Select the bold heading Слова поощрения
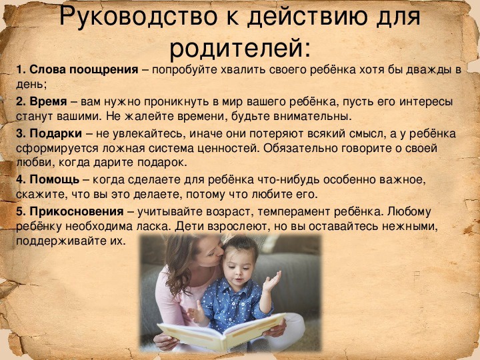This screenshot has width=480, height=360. click(83, 70)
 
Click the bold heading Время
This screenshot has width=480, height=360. click(48, 101)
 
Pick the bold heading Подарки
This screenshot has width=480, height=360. click(56, 133)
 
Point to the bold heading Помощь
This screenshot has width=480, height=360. click(54, 180)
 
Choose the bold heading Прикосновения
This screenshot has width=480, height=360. click(77, 211)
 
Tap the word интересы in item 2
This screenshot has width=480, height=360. click(426, 102)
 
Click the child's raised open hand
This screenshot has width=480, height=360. click(271, 281)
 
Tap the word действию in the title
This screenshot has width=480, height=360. click(307, 18)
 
